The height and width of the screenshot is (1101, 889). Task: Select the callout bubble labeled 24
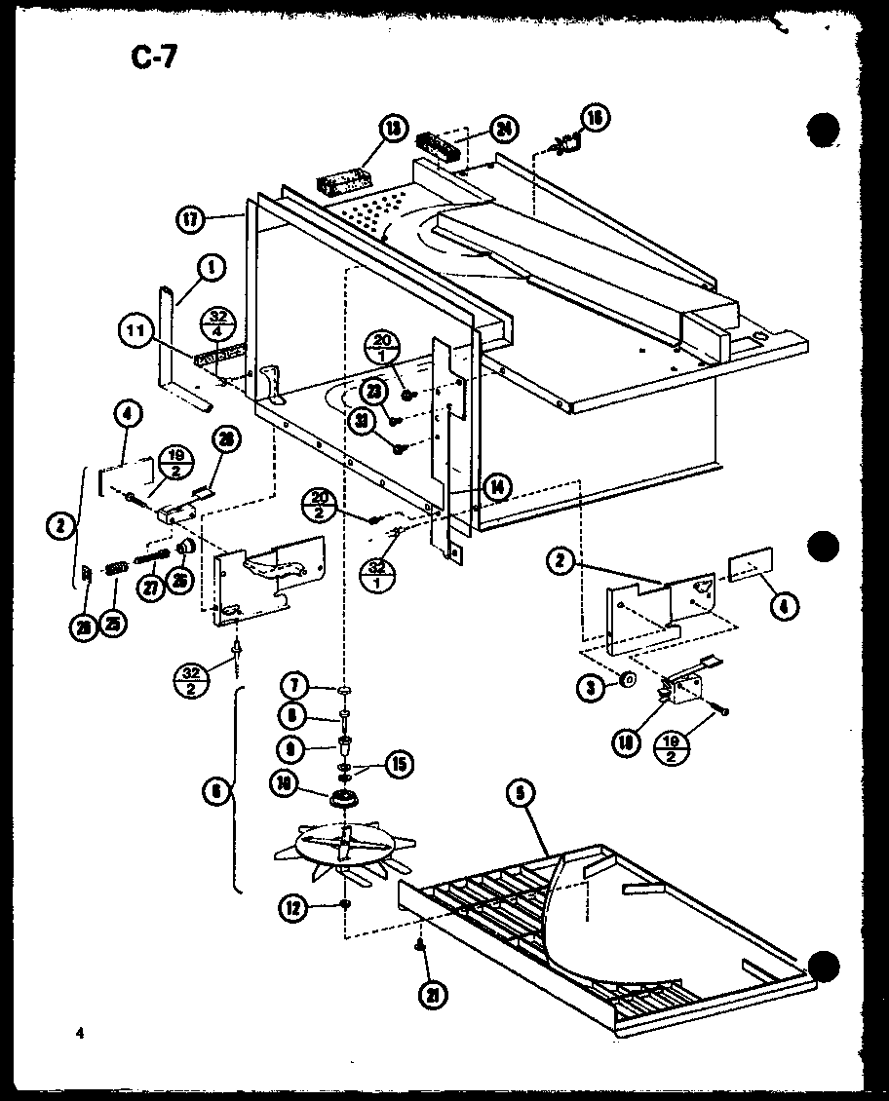tap(505, 129)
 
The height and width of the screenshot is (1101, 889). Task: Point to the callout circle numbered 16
tap(595, 119)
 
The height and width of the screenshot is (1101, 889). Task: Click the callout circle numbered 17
tap(189, 219)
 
